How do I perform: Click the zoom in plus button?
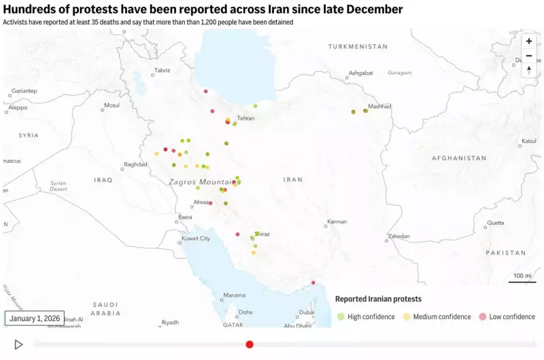(529, 41)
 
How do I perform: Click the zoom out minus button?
(529, 55)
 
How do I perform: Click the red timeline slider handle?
(250, 344)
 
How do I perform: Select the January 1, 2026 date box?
(35, 318)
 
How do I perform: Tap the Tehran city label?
(245, 118)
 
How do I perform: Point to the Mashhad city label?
(379, 106)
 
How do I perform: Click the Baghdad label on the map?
(136, 165)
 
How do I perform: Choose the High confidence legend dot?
(341, 316)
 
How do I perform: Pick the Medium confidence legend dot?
(407, 316)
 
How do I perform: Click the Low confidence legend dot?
(483, 316)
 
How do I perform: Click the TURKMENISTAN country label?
(358, 46)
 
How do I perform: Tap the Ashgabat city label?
(360, 73)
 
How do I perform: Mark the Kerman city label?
(337, 222)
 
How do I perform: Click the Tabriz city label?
(162, 70)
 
